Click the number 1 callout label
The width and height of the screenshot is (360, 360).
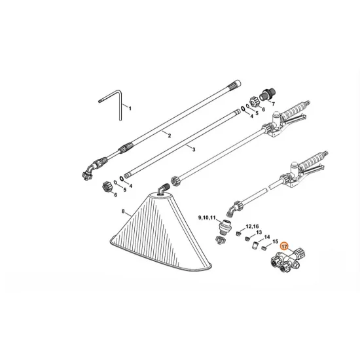[130, 107]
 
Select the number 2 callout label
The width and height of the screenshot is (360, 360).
[169, 135]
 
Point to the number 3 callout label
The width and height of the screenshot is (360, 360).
[194, 149]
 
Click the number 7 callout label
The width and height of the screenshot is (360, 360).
[273, 102]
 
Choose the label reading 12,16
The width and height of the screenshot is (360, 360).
[251, 226]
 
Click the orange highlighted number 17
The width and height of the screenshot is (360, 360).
[283, 248]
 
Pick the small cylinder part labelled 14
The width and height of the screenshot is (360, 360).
[249, 243]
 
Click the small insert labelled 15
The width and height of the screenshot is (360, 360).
[262, 249]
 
